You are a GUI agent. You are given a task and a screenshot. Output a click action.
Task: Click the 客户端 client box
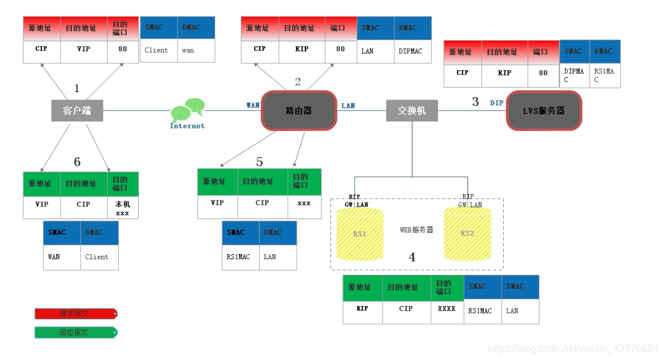point(77,111)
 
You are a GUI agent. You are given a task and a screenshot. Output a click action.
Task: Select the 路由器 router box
point(299,111)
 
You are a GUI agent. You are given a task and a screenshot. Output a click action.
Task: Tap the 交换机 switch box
point(411,110)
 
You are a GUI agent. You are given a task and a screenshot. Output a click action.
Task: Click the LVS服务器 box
point(543,111)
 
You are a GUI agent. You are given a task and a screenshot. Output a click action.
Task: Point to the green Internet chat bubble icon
point(187,111)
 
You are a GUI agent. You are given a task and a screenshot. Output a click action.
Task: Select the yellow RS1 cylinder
point(360,234)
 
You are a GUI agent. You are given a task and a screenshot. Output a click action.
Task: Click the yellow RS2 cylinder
point(467,234)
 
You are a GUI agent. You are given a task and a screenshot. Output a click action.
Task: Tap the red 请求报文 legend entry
point(75,314)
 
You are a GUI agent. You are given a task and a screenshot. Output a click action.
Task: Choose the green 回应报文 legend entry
point(75,332)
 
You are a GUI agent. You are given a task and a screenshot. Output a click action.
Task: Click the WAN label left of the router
point(253,105)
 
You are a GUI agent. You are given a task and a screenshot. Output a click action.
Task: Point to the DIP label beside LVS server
point(496,103)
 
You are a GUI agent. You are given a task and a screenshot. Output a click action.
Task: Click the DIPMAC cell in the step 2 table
point(412,51)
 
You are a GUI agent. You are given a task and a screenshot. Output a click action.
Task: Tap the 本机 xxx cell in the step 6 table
point(123,208)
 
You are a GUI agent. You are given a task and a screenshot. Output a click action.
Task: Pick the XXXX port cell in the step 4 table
point(446,309)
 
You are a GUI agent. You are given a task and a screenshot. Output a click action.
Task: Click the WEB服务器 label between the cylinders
point(416,230)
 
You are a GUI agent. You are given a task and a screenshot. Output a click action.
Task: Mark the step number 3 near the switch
point(475,101)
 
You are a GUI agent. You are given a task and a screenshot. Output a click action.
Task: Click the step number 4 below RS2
point(412,257)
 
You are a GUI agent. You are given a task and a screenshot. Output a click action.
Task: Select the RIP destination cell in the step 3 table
point(504,73)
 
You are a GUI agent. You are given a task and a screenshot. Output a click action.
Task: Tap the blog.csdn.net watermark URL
point(572,348)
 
